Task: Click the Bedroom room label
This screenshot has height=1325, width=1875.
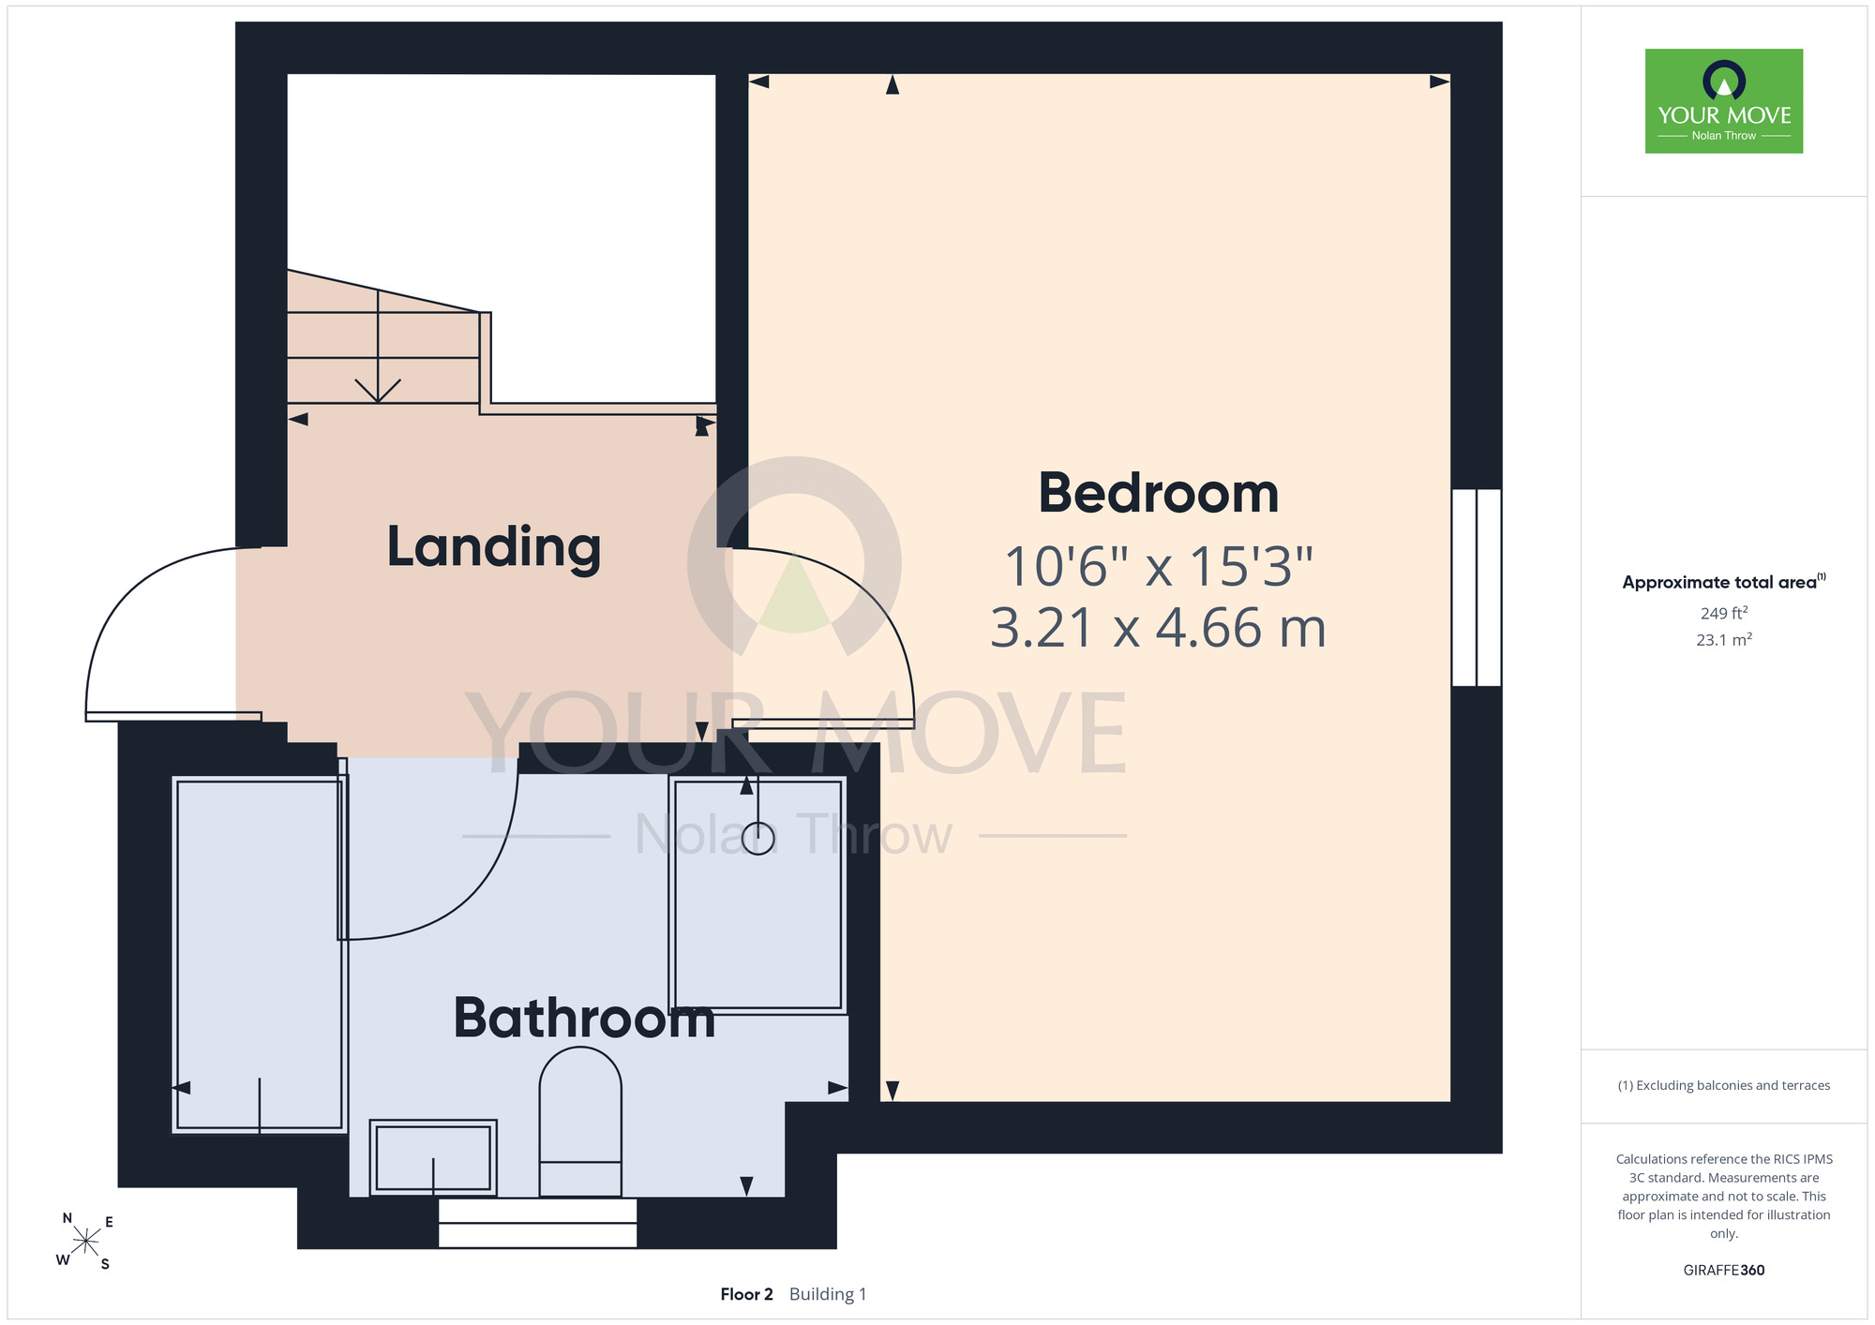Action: (1159, 493)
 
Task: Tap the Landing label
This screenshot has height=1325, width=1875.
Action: (494, 547)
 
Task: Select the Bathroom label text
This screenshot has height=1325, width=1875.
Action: (584, 1019)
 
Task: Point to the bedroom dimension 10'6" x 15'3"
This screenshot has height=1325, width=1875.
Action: (1159, 567)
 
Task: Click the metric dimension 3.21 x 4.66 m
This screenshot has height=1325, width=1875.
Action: (1159, 628)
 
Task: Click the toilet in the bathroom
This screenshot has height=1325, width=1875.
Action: (580, 1122)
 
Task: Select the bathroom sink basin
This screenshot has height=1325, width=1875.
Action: (433, 1157)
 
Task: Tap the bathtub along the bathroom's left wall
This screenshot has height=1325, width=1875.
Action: (260, 955)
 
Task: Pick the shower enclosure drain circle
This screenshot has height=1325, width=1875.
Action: (757, 838)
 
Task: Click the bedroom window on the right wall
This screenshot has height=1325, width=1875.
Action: (1477, 588)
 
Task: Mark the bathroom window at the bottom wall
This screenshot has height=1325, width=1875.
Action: (538, 1223)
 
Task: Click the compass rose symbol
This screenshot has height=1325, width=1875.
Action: (85, 1242)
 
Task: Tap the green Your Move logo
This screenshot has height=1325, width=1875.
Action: (1724, 101)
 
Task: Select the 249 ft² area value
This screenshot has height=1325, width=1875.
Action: (1724, 613)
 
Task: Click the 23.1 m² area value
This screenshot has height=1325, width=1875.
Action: (1724, 640)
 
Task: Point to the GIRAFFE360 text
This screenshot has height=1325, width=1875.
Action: (1724, 1271)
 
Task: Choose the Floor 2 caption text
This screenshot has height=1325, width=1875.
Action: (746, 1294)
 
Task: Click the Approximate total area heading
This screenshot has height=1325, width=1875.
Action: (1724, 582)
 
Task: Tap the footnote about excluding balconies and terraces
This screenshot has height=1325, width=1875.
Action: (1724, 1085)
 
